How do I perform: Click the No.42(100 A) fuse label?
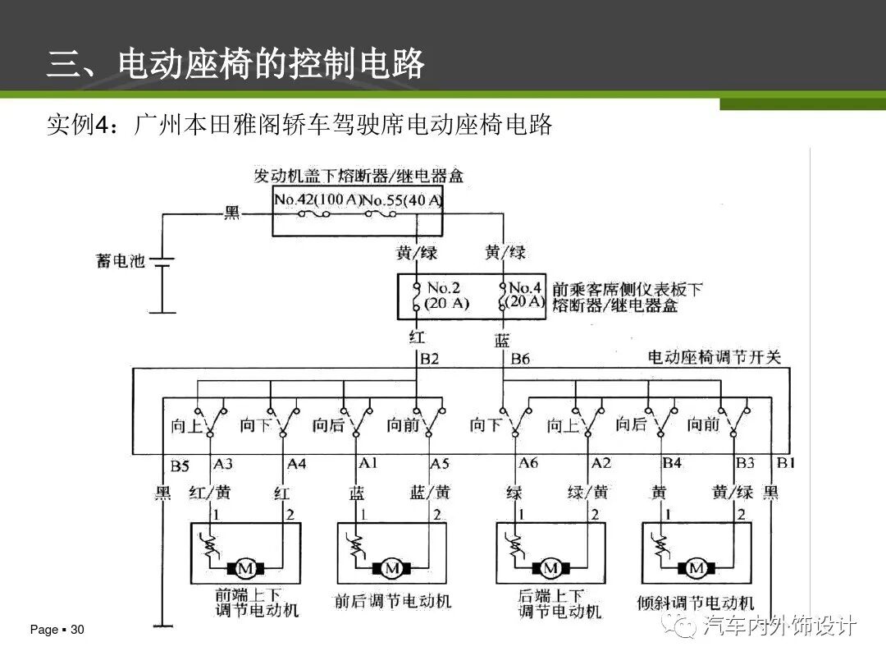point(317,200)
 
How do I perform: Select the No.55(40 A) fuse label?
point(402,200)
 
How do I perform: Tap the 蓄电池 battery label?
point(121,262)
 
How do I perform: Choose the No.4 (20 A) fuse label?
point(526,295)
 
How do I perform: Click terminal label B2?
point(430,359)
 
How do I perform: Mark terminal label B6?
point(521,359)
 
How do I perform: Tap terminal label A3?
point(223,464)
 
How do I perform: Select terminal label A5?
point(440,464)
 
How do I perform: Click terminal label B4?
point(672,464)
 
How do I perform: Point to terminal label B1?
point(786,464)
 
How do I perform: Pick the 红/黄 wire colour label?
point(209,493)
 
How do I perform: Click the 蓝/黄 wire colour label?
point(430,493)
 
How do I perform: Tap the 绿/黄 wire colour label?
point(588,493)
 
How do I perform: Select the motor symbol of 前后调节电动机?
point(392,568)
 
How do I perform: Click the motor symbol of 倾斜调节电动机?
point(696,568)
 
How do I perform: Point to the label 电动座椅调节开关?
point(715,358)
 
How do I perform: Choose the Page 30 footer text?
point(57,630)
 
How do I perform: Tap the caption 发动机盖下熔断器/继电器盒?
point(359,176)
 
